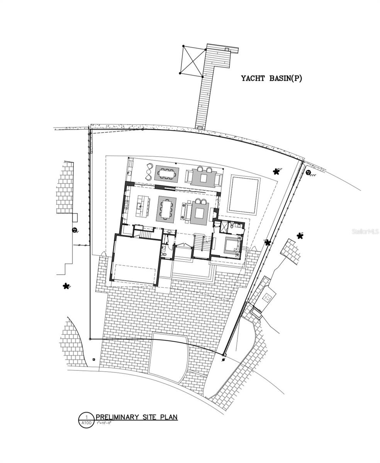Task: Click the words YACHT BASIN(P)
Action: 271,78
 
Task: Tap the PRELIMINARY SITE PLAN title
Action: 137,417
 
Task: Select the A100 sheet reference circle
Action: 87,420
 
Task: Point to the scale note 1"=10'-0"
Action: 104,423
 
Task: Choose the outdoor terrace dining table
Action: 167,173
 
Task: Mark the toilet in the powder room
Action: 163,255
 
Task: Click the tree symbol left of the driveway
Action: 66,286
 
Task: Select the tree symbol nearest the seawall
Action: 276,171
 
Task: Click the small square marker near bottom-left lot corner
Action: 93,359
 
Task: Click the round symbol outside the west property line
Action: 74,230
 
